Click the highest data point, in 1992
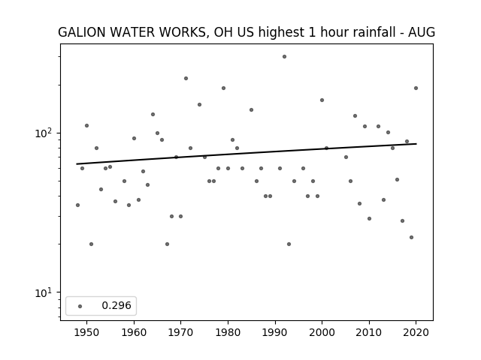[x=284, y=57]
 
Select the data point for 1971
[x=186, y=78]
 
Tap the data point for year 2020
[x=416, y=88]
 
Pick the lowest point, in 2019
[x=411, y=238]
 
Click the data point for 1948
[x=77, y=205]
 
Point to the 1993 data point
[x=289, y=244]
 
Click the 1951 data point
[x=91, y=244]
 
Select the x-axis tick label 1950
[x=87, y=332]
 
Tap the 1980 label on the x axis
[x=228, y=332]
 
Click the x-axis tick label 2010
[x=369, y=332]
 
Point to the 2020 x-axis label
[x=416, y=332]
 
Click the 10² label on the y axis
[x=44, y=133]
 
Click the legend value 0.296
[x=116, y=305]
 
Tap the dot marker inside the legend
[x=80, y=307]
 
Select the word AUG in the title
[x=422, y=32]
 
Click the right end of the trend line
[x=416, y=143]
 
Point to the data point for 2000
[x=322, y=100]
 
